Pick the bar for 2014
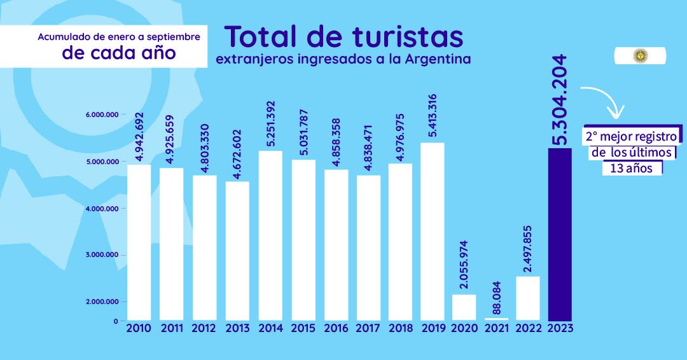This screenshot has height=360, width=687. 271,235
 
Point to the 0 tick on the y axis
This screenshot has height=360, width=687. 116,321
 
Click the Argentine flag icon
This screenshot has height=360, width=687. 639,56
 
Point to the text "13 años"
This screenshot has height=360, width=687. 631,169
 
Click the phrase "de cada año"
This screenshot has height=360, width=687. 119,53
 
